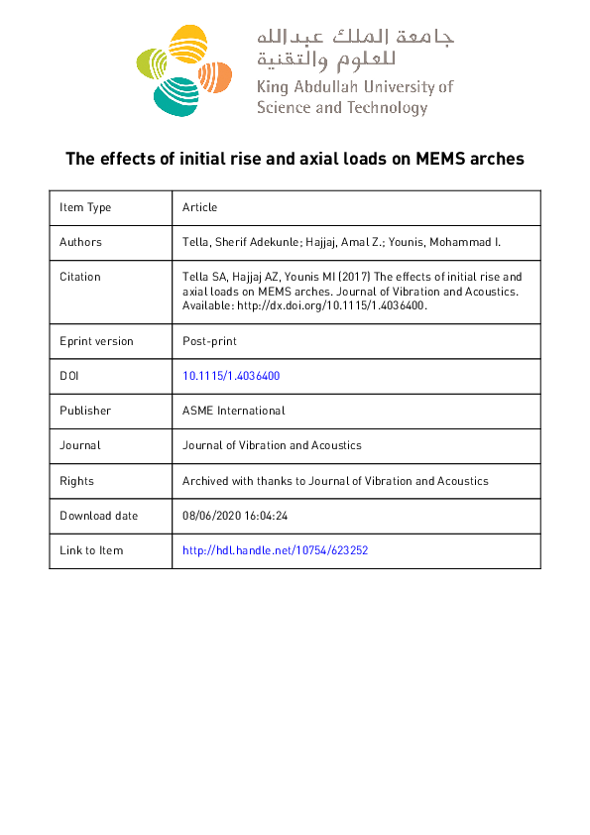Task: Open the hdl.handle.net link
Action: point(276,550)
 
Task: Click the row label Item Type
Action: point(85,207)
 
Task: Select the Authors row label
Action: point(80,242)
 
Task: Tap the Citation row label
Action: point(79,277)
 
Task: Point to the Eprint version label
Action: point(96,341)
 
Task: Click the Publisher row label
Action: point(85,411)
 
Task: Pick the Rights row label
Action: point(76,481)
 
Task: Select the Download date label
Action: point(98,516)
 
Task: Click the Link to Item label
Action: point(91,550)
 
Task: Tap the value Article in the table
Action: point(199,207)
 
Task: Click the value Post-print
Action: point(209,341)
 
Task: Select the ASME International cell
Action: point(233,411)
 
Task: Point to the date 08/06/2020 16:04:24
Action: point(235,516)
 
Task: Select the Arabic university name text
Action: point(354,50)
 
